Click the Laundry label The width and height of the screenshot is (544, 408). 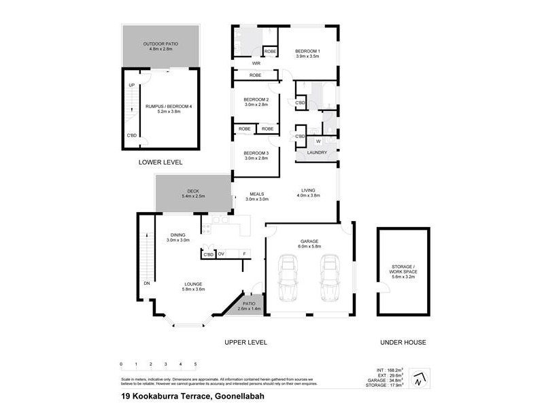coord(317,152)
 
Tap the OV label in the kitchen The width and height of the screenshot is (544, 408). coord(221,254)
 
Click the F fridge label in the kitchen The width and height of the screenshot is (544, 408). coord(244,254)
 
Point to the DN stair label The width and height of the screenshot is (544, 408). coord(146,283)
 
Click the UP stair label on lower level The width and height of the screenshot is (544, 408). coord(131,85)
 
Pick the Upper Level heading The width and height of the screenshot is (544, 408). coord(245,342)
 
